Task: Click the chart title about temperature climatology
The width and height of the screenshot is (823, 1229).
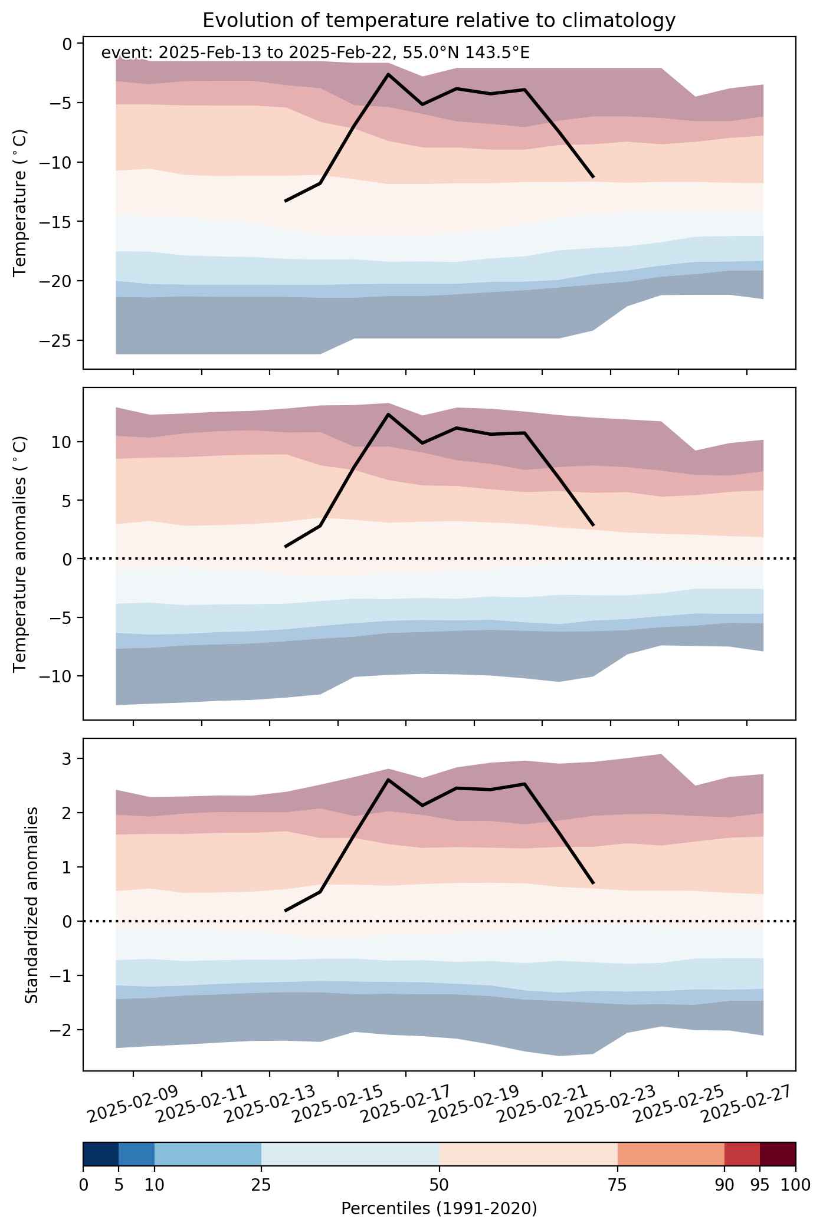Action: [x=439, y=21]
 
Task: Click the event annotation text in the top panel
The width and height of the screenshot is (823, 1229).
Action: [x=316, y=53]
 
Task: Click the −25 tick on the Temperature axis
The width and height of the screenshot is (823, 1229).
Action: [x=55, y=341]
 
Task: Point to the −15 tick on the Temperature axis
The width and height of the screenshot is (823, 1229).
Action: [x=55, y=222]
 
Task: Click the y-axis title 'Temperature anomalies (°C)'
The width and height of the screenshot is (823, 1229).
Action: [x=20, y=553]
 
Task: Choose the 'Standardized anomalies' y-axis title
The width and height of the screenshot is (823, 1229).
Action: [x=32, y=905]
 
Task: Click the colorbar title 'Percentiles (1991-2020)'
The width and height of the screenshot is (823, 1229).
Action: [x=439, y=1209]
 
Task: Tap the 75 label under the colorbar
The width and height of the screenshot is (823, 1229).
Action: [x=618, y=1184]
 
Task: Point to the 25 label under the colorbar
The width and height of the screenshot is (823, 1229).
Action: [x=261, y=1184]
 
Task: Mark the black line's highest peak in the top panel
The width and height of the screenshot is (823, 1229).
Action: [x=388, y=74]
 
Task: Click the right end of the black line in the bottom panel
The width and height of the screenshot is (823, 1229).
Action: [x=593, y=883]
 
